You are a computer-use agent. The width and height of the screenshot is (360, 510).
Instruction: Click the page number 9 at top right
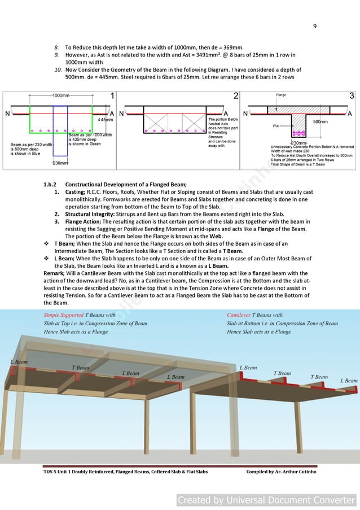click(x=315, y=26)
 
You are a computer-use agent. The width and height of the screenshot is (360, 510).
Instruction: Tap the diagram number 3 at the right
click(x=352, y=96)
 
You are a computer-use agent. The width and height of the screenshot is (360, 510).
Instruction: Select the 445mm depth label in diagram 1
click(x=106, y=120)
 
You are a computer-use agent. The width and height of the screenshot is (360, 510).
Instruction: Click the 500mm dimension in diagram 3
click(x=320, y=121)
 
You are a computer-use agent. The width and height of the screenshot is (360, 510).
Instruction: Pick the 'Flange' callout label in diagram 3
click(x=281, y=95)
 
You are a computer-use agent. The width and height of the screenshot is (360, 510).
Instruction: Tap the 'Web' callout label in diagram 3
click(x=276, y=126)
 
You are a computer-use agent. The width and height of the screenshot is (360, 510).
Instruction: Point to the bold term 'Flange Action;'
click(x=82, y=222)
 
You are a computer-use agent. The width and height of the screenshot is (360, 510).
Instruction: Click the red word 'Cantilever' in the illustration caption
click(x=239, y=315)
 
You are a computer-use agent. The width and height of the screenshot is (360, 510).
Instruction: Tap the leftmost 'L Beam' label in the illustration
click(x=19, y=361)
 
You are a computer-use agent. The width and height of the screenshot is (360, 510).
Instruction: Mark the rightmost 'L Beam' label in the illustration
click(x=348, y=381)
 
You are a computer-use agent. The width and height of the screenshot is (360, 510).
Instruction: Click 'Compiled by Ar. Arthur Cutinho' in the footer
click(x=281, y=472)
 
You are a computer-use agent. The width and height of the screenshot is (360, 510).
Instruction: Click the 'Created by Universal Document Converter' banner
click(x=267, y=500)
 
